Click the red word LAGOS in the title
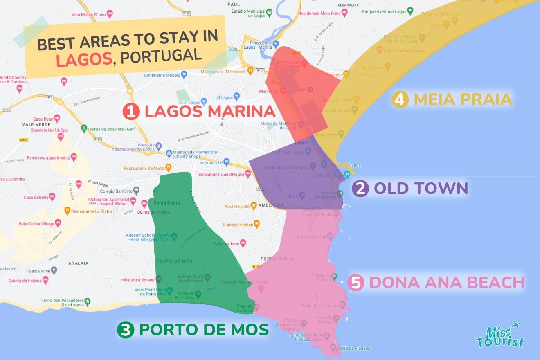pyautogui.click(x=84, y=59)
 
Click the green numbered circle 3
pyautogui.click(x=125, y=330)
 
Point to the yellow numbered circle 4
pyautogui.click(x=400, y=100)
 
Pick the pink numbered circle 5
pyautogui.click(x=355, y=283)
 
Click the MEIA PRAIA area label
pyautogui.click(x=463, y=99)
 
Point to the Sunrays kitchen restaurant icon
pyautogui.click(x=256, y=224)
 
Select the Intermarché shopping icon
pyautogui.click(x=226, y=162)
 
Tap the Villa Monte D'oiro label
pyautogui.click(x=89, y=15)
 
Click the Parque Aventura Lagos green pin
pyautogui.click(x=410, y=11)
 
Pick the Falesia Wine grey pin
pyautogui.click(x=54, y=270)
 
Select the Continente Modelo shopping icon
pyautogui.click(x=184, y=75)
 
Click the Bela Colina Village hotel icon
pyautogui.click(x=58, y=224)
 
